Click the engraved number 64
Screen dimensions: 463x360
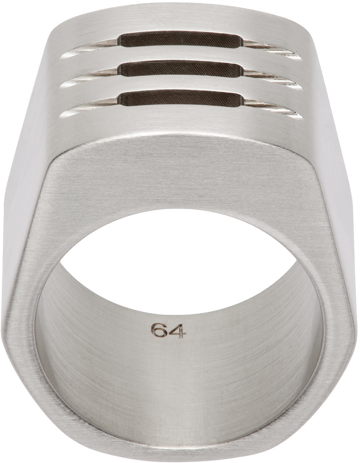click(169, 331)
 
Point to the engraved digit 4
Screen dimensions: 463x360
click(178, 331)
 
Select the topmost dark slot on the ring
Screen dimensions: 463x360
click(180, 40)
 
